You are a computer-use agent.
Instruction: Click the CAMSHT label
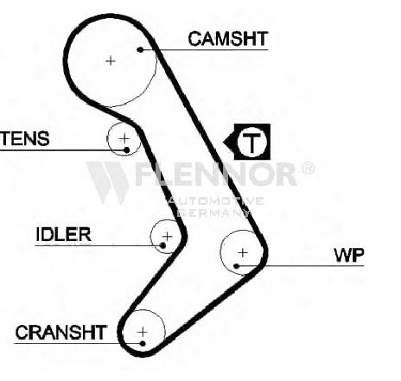[x=228, y=39]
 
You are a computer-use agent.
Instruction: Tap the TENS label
[x=24, y=138]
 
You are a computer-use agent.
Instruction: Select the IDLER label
[x=63, y=234]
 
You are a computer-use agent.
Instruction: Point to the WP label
[x=349, y=255]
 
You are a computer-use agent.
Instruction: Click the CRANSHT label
[x=60, y=333]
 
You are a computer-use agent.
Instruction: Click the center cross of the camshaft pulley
[x=111, y=60]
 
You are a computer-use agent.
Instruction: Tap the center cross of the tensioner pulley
[x=124, y=138]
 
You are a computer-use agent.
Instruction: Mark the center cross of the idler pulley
[x=168, y=237]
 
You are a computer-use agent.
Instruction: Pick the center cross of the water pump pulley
[x=243, y=253]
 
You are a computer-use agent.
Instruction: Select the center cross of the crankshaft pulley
[x=143, y=332]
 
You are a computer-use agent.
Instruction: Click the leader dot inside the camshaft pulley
[x=140, y=50]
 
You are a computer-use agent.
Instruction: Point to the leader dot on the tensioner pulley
[x=126, y=149]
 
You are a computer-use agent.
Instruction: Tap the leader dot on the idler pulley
[x=162, y=245]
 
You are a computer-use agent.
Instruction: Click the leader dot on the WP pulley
[x=236, y=266]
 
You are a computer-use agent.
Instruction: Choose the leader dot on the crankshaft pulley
[x=143, y=343]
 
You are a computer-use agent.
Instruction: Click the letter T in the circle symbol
[x=252, y=143]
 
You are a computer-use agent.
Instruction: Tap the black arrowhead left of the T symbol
[x=229, y=142]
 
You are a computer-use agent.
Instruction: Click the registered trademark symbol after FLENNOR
[x=309, y=168]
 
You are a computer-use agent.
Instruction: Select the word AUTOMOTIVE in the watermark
[x=215, y=200]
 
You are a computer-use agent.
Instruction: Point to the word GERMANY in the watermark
[x=213, y=213]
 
